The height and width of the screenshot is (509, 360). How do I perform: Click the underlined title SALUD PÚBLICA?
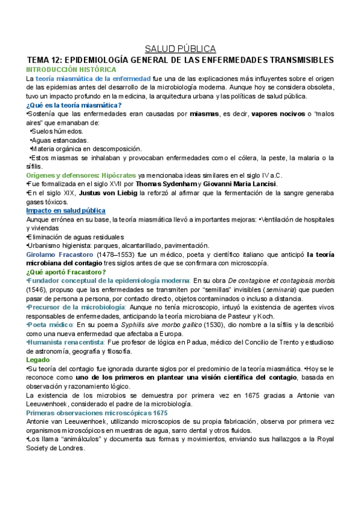point(180,49)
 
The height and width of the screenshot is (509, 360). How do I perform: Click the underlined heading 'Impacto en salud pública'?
point(66,211)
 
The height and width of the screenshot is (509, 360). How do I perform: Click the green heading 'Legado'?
point(38,360)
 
